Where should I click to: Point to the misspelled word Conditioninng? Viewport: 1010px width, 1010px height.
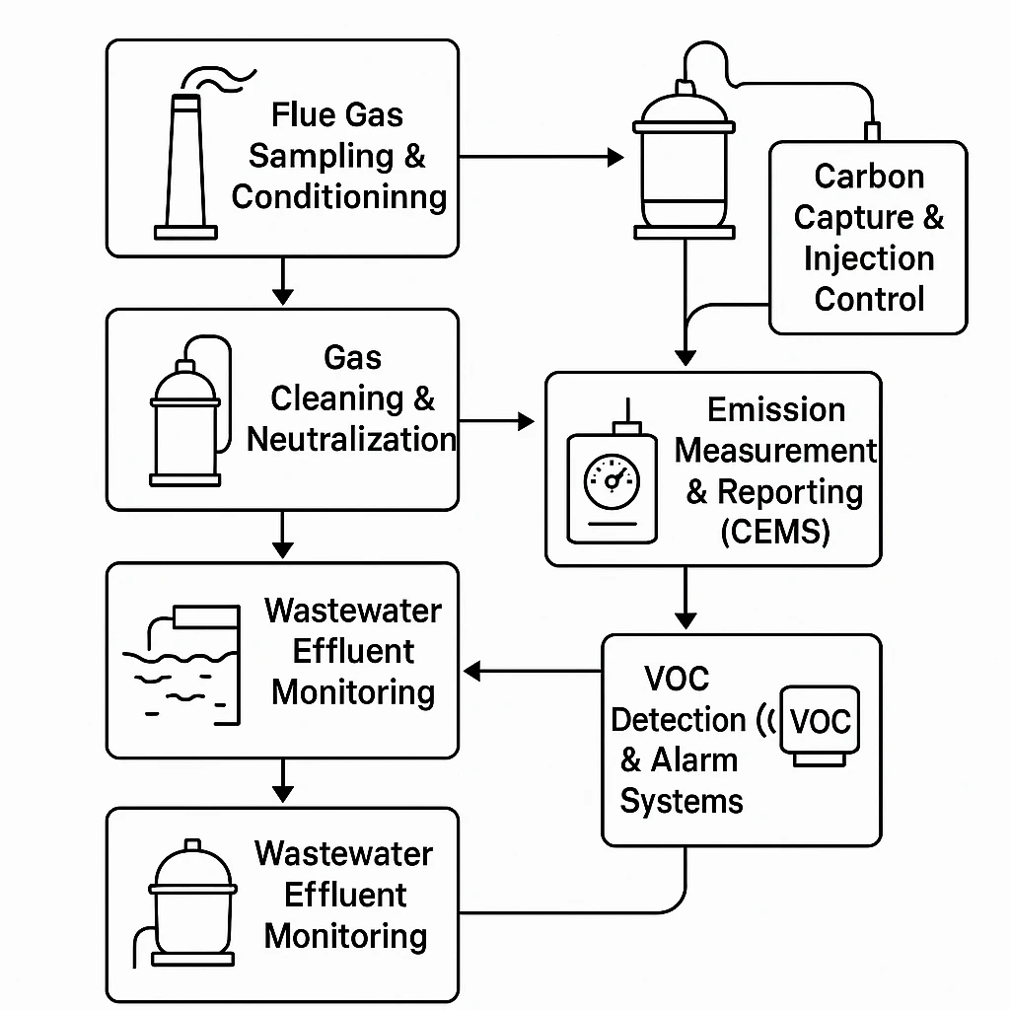[x=339, y=196]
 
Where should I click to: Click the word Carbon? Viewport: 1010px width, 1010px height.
[x=869, y=177]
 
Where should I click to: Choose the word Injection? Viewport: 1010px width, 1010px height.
[x=869, y=258]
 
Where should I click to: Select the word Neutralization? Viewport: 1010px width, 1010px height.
[x=351, y=439]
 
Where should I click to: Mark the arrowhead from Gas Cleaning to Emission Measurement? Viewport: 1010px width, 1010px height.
[x=525, y=422]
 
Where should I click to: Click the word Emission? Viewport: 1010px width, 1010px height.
[x=776, y=409]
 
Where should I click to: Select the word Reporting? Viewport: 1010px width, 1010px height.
[x=789, y=491]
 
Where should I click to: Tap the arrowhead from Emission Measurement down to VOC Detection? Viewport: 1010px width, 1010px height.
[x=685, y=620]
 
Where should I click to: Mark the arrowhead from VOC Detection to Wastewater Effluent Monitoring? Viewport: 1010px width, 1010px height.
[x=471, y=672]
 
